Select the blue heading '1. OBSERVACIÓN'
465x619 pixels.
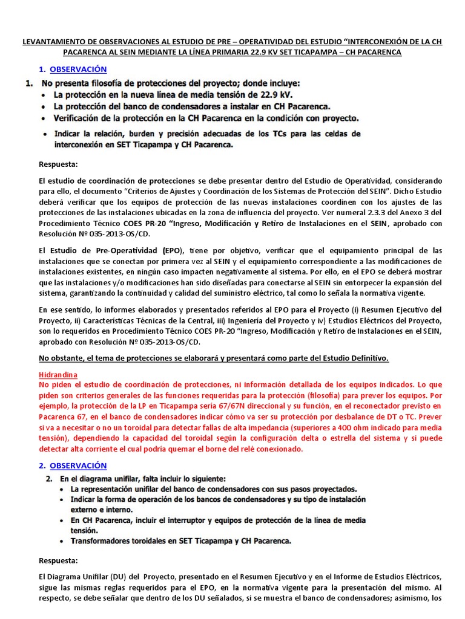[73, 70]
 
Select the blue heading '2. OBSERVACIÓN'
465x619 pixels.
[73, 465]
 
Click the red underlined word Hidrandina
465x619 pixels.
[58, 375]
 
